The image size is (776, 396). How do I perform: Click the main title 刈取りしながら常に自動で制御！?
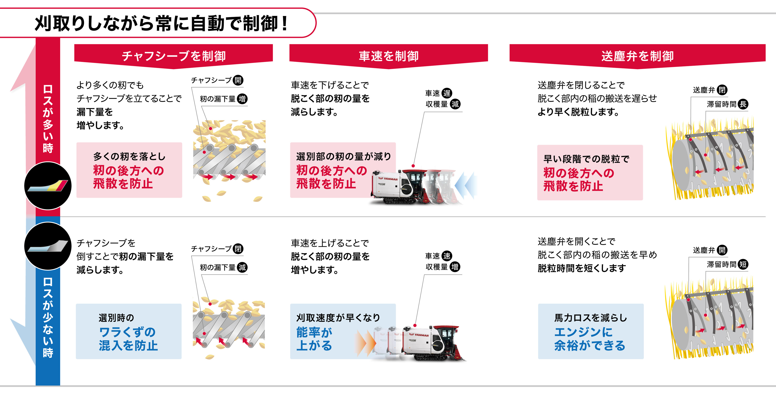point(161,23)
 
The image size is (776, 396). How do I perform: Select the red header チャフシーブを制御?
point(174,56)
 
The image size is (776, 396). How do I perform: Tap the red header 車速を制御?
point(389,56)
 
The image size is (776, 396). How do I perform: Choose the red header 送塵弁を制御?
point(637,56)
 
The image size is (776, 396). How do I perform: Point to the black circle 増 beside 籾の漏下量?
point(242,99)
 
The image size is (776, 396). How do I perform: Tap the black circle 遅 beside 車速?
point(447,93)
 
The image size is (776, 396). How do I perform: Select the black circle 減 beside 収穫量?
point(455,104)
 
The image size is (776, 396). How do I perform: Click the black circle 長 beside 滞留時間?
point(743,104)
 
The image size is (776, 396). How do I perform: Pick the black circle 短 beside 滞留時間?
point(743,264)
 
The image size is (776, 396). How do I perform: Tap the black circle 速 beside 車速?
point(447,256)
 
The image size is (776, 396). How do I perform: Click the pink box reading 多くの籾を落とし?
point(129,170)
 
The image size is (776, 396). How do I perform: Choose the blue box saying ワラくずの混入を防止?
point(129,331)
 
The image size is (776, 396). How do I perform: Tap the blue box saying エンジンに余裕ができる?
point(591,331)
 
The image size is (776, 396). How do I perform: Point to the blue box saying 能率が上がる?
point(343,331)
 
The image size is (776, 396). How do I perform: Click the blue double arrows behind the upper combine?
point(466,185)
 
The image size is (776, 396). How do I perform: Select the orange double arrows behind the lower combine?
point(365,343)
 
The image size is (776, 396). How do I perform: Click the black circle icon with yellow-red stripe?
point(48,186)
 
